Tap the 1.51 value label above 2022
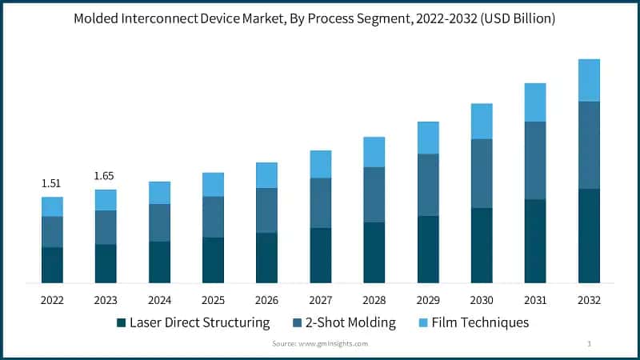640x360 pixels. click(51, 183)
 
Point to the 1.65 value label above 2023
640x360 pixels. click(105, 175)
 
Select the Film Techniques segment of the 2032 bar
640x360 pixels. click(589, 80)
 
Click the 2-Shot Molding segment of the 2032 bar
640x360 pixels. click(589, 145)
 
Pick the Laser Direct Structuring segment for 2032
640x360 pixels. click(589, 235)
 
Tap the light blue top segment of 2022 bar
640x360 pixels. click(52, 206)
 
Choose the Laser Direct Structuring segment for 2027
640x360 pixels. click(320, 254)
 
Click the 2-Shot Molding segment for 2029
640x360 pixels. click(428, 185)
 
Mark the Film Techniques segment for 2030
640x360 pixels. click(482, 121)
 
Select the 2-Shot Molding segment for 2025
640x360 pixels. click(213, 217)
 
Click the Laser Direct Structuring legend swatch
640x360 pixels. click(122, 323)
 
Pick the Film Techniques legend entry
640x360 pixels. click(480, 323)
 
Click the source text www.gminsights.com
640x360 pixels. click(320, 343)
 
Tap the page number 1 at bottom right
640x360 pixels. click(589, 343)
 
